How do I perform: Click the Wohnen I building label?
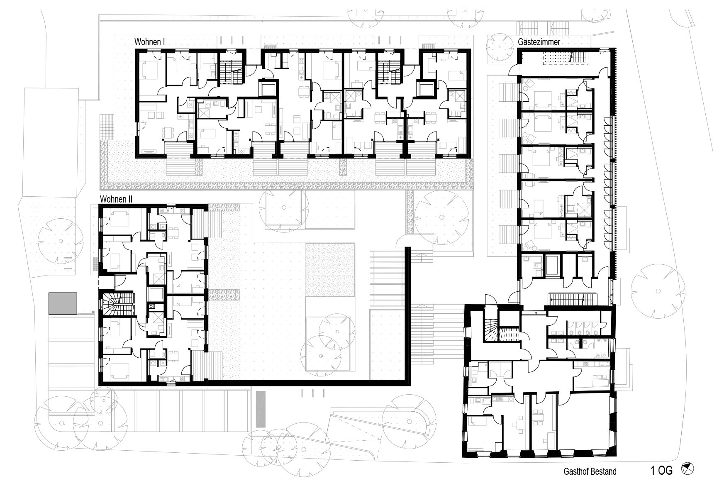[150, 42]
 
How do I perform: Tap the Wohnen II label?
[116, 199]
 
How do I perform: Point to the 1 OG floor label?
[662, 471]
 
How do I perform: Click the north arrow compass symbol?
[687, 469]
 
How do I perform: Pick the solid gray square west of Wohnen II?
[63, 303]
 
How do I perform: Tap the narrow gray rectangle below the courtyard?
[261, 409]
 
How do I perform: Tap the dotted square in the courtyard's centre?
[330, 270]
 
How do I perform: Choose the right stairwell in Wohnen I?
[390, 71]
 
